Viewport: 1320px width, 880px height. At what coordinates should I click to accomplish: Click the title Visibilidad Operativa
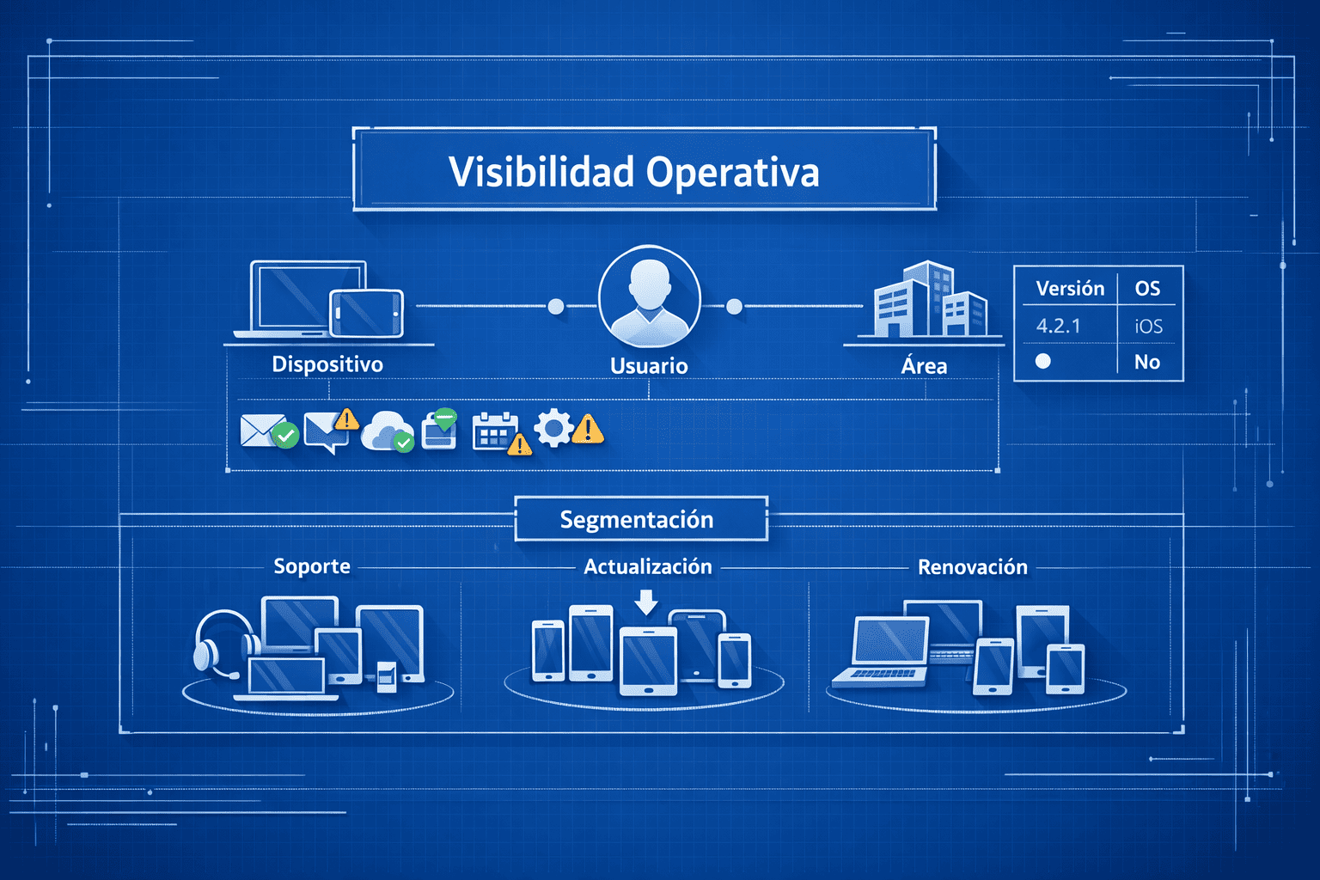(634, 172)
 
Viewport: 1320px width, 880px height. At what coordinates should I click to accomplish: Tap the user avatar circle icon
(649, 296)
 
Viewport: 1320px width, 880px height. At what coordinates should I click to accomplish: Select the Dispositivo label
(327, 364)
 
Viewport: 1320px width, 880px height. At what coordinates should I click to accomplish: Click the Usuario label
(649, 366)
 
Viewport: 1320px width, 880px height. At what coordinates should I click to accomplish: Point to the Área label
(924, 366)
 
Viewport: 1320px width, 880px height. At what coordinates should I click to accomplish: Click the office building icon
(928, 301)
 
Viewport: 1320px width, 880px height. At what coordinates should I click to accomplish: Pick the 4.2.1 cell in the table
(1058, 327)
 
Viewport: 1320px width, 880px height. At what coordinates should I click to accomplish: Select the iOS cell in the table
(1148, 327)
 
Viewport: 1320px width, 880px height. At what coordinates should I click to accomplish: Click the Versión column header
(1070, 289)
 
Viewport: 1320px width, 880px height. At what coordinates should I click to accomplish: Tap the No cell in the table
(1147, 362)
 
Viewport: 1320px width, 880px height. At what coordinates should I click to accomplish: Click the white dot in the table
(1043, 361)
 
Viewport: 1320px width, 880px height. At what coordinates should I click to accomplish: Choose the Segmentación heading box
(640, 520)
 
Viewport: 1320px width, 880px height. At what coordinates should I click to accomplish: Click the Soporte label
(312, 566)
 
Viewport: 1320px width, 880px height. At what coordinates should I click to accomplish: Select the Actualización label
(648, 567)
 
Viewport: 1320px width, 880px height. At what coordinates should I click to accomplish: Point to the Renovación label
(973, 567)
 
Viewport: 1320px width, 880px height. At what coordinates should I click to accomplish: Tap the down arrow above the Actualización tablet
(646, 602)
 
